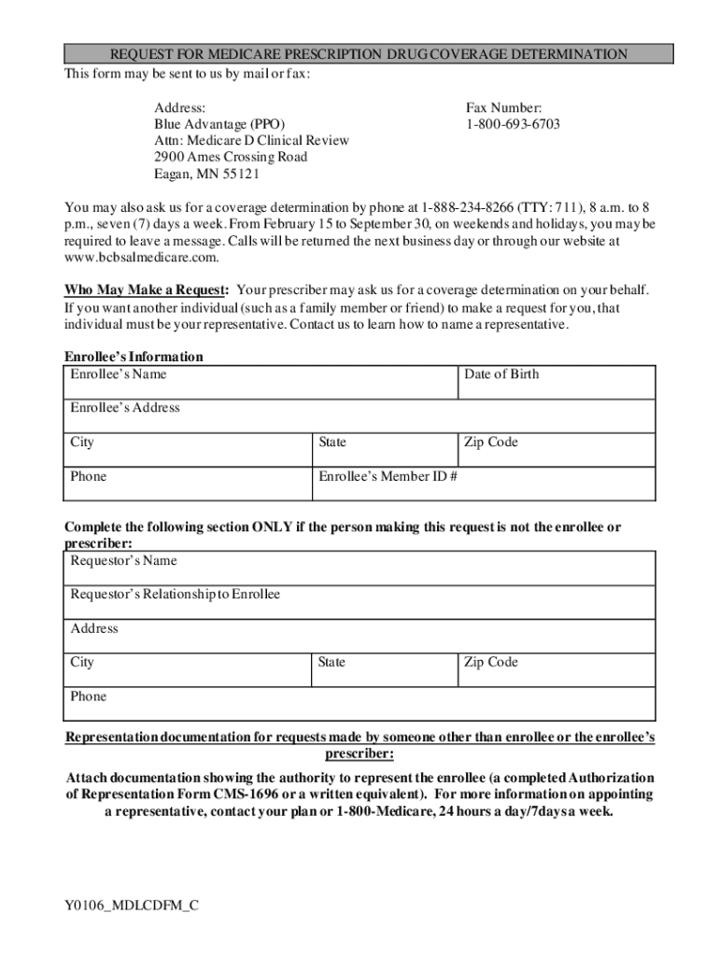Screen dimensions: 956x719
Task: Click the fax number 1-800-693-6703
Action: click(513, 124)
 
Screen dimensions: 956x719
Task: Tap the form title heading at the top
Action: click(368, 54)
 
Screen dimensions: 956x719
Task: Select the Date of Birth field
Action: click(557, 382)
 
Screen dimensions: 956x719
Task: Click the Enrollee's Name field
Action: click(261, 382)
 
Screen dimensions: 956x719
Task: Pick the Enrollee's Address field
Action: click(359, 415)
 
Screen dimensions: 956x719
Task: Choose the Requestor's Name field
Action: click(359, 569)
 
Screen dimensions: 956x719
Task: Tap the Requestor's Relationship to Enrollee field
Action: click(359, 602)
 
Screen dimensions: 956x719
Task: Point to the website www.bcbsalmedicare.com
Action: click(141, 257)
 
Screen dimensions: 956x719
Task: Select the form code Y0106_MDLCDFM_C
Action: click(132, 905)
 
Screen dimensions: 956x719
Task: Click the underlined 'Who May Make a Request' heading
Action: click(146, 290)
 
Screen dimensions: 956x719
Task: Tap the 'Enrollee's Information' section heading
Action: click(134, 357)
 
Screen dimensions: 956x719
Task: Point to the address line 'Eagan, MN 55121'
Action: click(206, 174)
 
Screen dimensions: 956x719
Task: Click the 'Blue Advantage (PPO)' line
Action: click(219, 124)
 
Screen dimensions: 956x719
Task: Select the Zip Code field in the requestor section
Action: click(557, 670)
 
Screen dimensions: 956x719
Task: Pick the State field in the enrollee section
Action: click(384, 450)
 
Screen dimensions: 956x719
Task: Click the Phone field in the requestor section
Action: click(359, 704)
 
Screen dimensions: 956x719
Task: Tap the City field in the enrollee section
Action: click(187, 450)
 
